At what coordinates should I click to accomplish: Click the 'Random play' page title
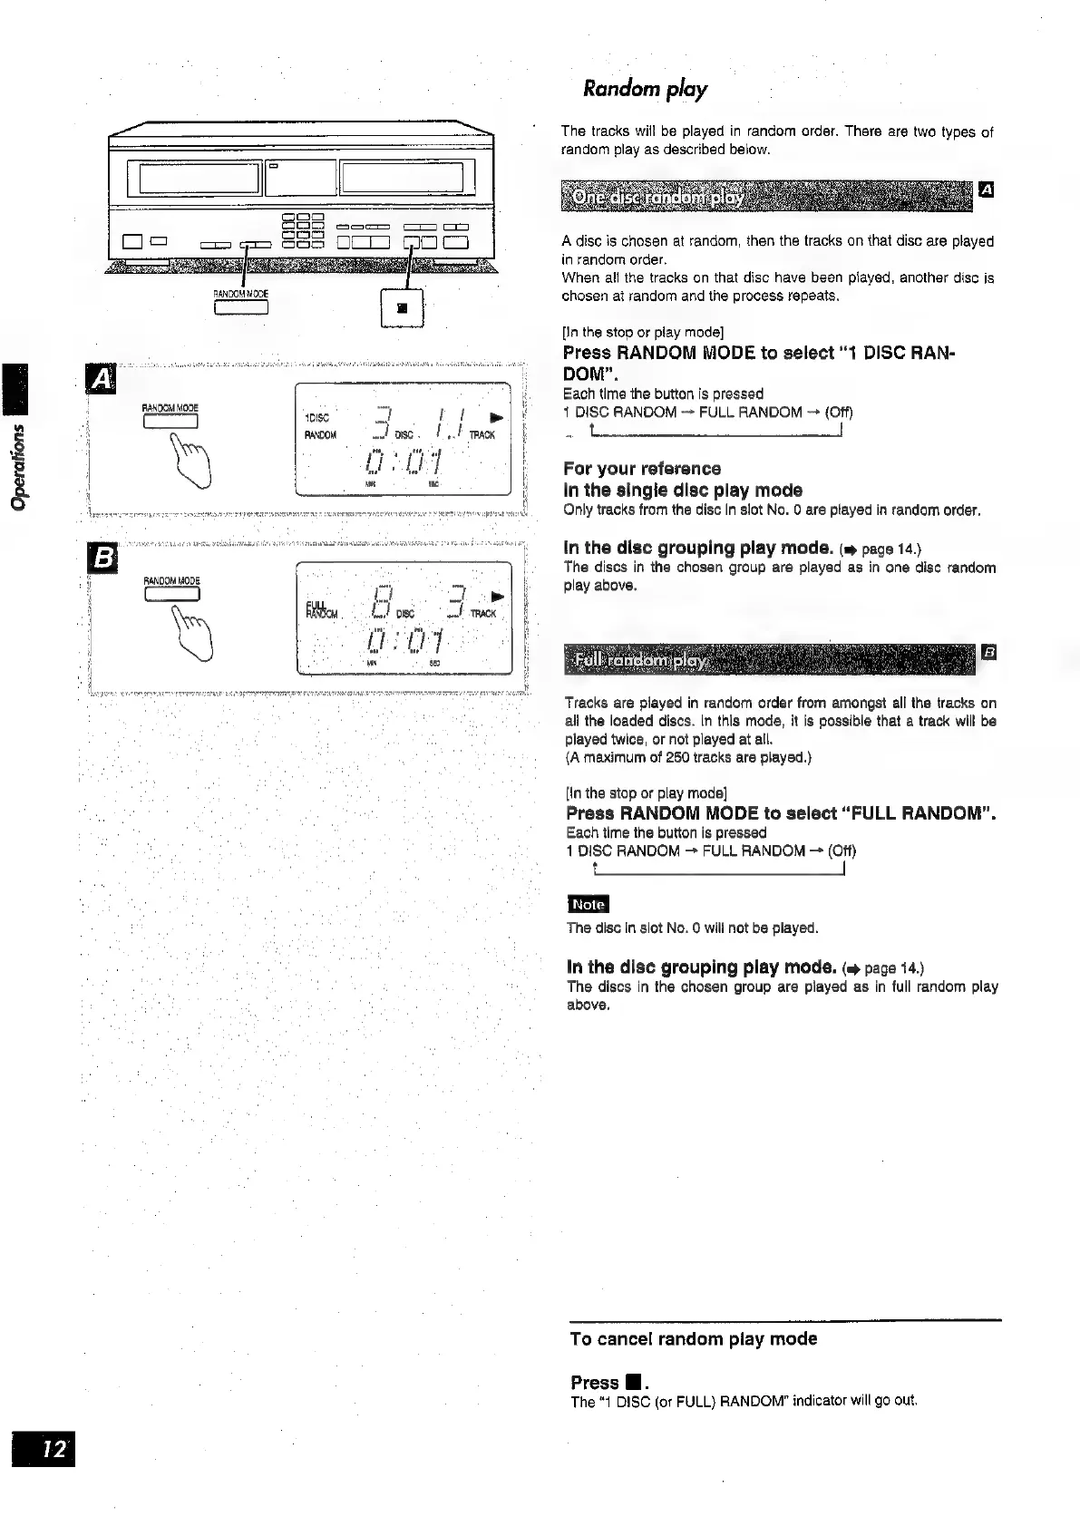point(645,89)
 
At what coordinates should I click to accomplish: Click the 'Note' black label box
point(588,904)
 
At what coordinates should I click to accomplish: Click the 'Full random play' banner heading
point(640,660)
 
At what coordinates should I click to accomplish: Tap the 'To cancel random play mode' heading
point(694,1338)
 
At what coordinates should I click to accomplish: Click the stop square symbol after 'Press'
point(633,1383)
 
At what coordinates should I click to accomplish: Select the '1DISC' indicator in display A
point(317,417)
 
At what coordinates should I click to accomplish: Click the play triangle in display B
point(495,598)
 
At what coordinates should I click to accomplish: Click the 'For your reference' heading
point(642,469)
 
